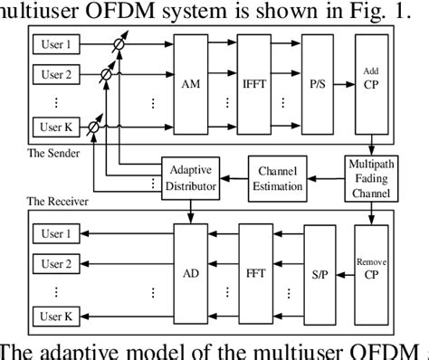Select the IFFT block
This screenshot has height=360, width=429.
[256, 86]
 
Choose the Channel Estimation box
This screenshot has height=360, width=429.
[280, 176]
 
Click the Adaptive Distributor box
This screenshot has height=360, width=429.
[192, 176]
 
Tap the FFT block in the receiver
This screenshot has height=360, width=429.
[256, 269]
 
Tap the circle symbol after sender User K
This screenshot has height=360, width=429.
[93, 128]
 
